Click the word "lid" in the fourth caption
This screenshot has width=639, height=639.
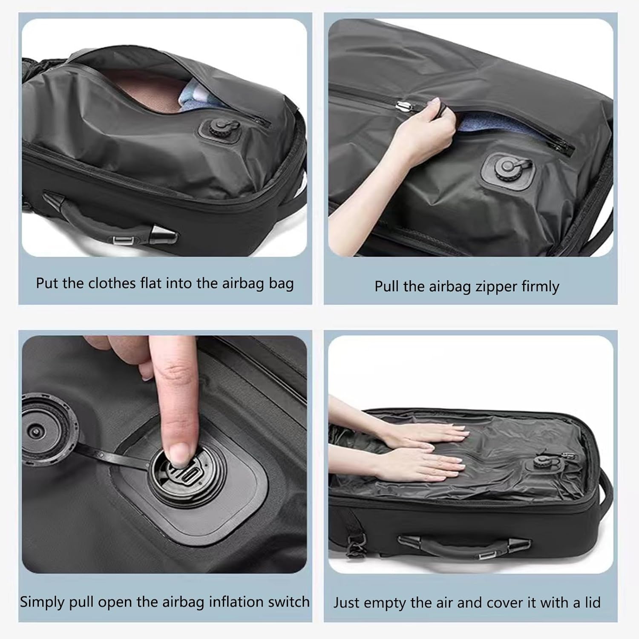coord(592,602)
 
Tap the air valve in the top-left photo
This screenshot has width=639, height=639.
coord(218,128)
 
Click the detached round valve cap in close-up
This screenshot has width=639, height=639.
coord(43,430)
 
